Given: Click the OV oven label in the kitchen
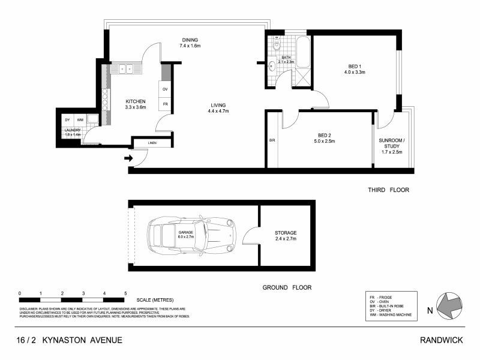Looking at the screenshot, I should (x=165, y=89).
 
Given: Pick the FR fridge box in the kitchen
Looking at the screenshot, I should (x=165, y=104).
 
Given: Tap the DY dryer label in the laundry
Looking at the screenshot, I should (x=67, y=120).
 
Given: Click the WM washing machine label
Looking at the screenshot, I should (x=80, y=120).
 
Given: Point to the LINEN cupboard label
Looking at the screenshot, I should (x=152, y=143).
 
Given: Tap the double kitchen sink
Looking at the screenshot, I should (x=125, y=68).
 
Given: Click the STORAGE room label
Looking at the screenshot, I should (x=286, y=233).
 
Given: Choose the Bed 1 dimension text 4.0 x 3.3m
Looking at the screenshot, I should (x=355, y=72).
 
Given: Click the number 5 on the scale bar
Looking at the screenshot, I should (x=125, y=293).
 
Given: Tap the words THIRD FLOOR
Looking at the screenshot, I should (x=388, y=190).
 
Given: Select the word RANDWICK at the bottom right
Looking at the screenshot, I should (x=442, y=340).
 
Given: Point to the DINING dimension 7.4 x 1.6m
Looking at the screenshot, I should (x=190, y=46).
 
